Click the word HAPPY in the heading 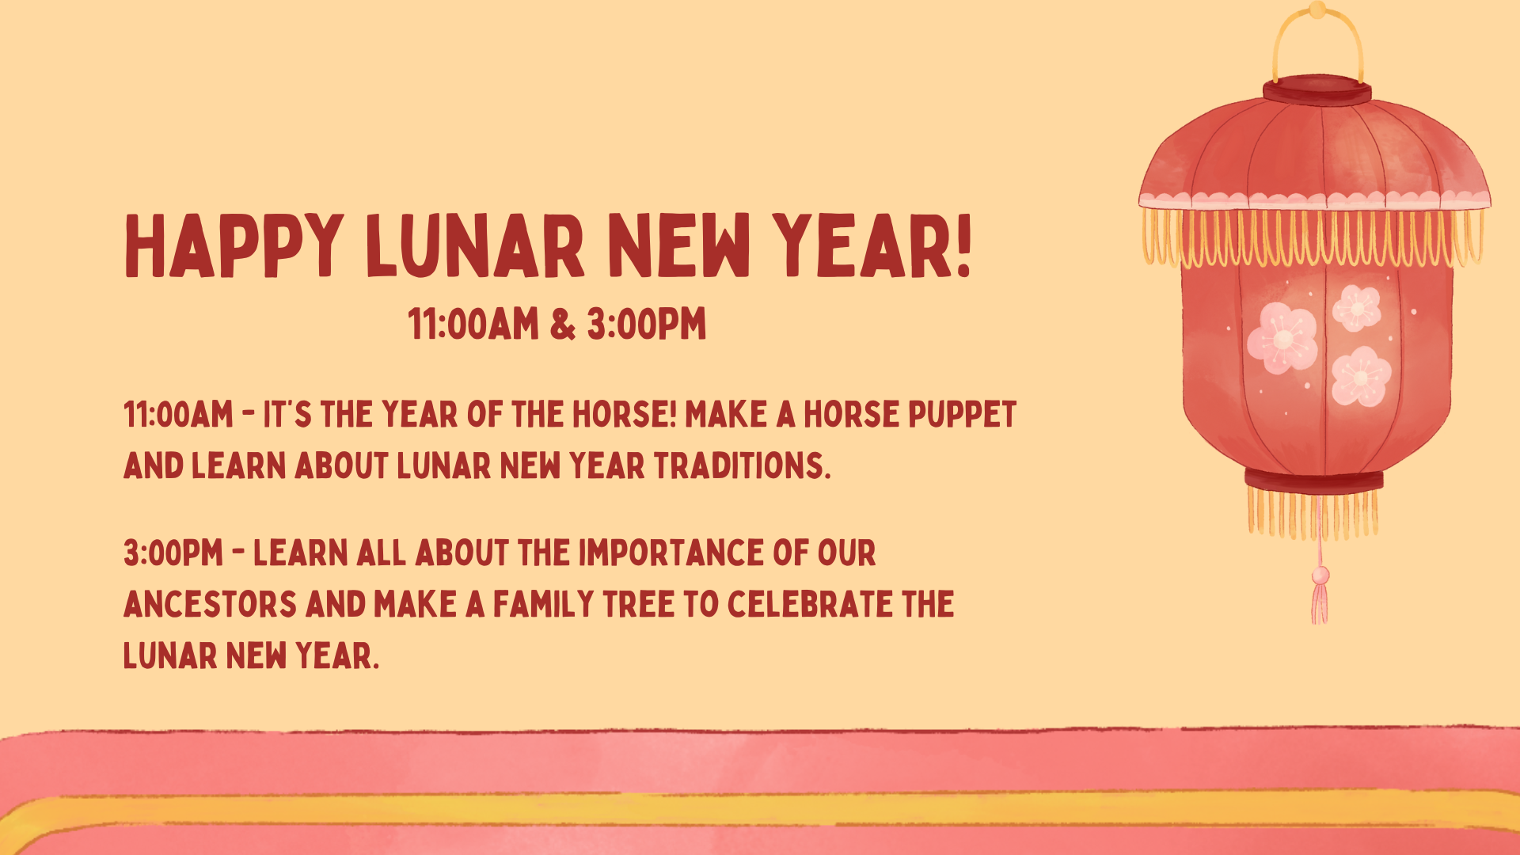(234, 246)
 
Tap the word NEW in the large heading (678, 246)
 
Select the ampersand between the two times (562, 324)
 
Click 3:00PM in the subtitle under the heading (646, 324)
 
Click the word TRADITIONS (743, 465)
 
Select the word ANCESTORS (211, 604)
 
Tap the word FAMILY (543, 604)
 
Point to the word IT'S (287, 414)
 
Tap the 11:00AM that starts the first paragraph (179, 414)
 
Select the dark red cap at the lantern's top (1317, 91)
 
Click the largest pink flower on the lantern (1282, 338)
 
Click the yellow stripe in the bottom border (760, 810)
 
